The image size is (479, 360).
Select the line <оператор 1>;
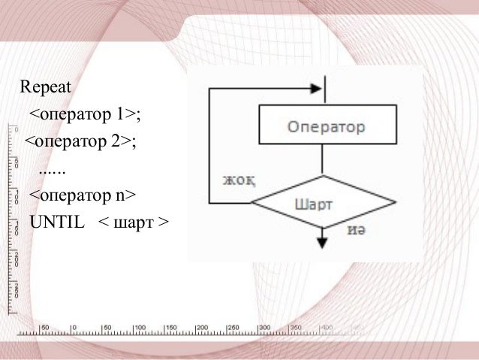coord(85,114)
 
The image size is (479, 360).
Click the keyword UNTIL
coord(56,223)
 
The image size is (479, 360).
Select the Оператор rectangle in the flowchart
coord(323,126)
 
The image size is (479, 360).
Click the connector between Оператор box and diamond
coord(323,159)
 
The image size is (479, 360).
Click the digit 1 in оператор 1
coord(119,114)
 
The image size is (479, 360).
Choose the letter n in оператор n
coord(119,196)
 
